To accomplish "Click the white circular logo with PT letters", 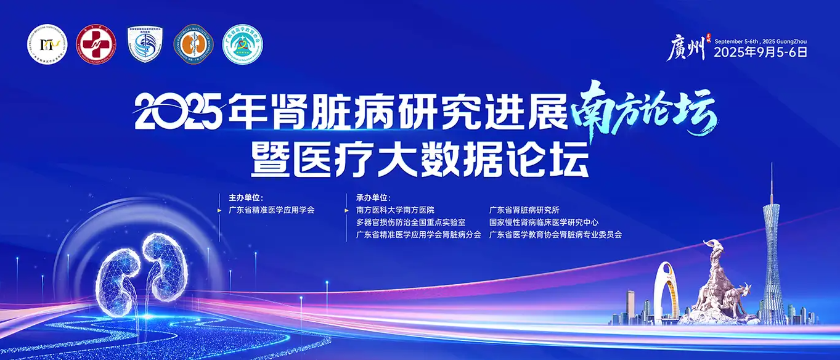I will pos(46,46).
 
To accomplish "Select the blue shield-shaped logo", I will pos(144,44).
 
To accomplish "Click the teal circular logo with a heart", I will pos(243,44).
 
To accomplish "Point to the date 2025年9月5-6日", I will pos(760,52).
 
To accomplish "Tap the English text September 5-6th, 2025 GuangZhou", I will pos(760,41).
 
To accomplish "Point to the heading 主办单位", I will pos(245,198).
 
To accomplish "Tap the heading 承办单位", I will pos(373,198).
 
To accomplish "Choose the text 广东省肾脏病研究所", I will pos(524,210).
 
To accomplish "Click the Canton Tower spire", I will pos(771,185).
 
